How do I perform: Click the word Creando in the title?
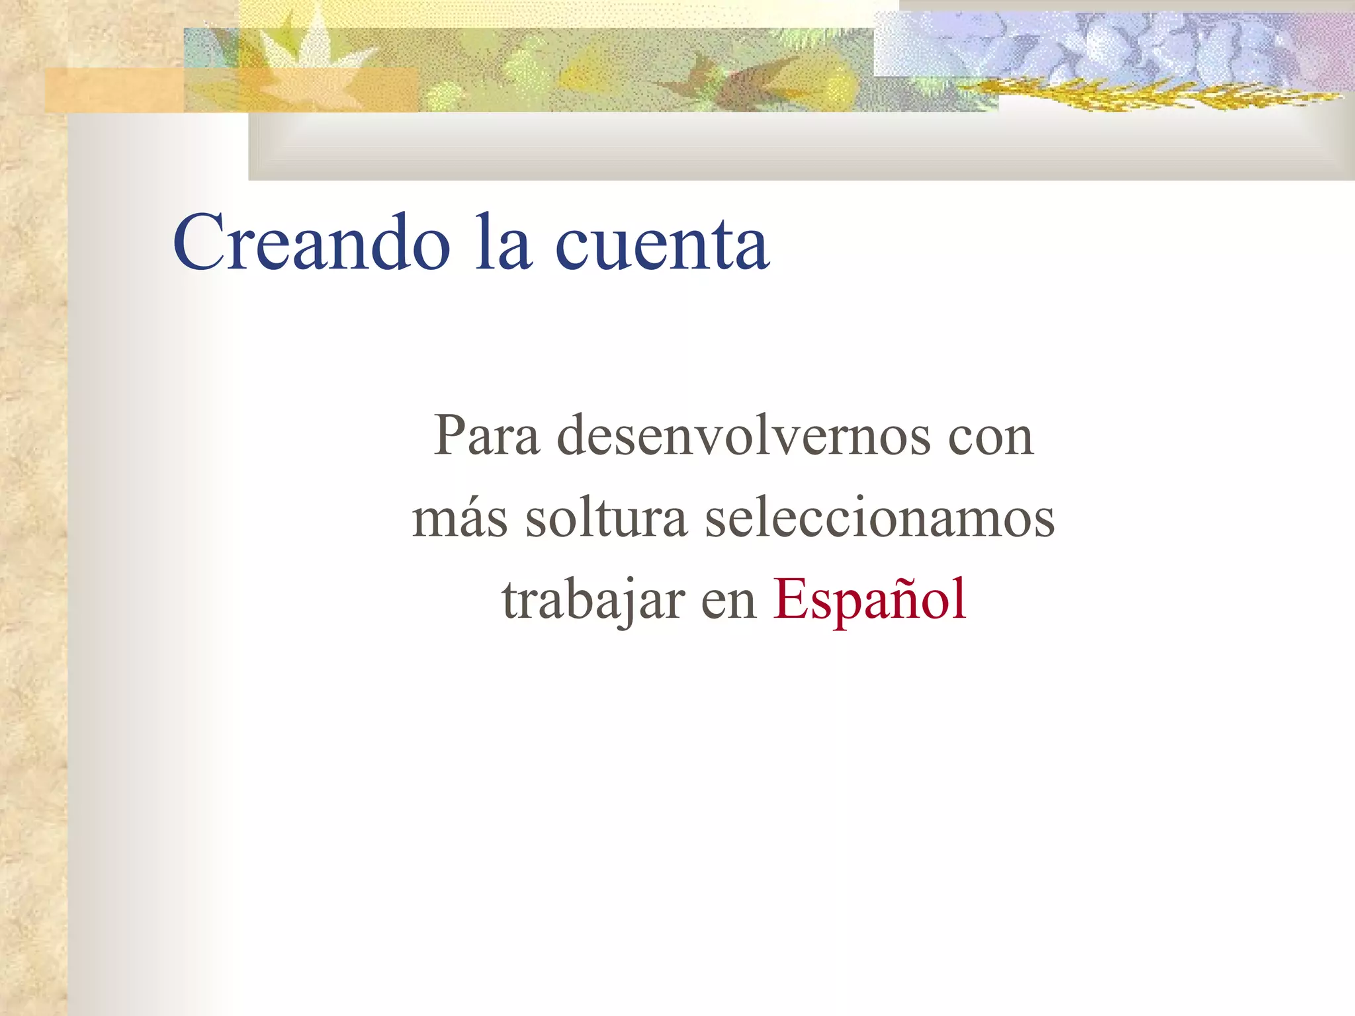(x=312, y=243)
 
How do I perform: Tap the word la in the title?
(x=503, y=243)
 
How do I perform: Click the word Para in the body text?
(x=486, y=436)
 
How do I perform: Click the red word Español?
(x=869, y=599)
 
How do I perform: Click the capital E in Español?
(x=791, y=599)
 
